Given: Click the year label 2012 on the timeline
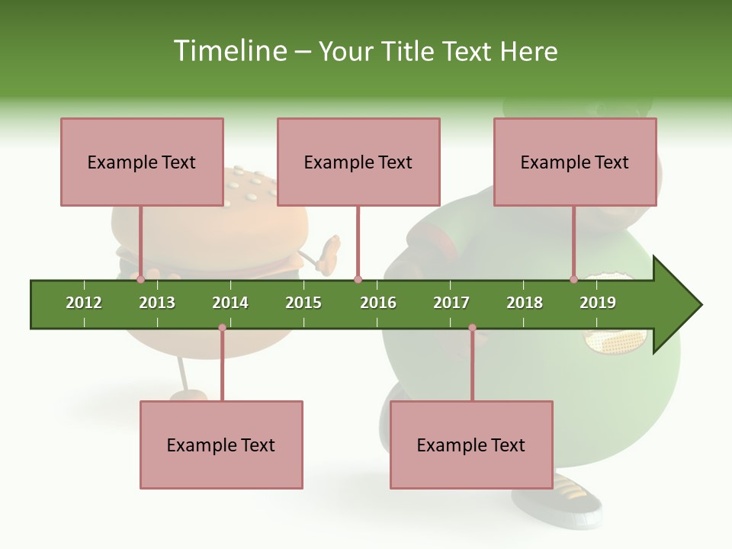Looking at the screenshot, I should coord(84,303).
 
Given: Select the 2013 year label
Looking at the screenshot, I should coord(157,303).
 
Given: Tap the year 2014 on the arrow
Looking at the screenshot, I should coord(230,303).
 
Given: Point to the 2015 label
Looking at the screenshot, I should coord(303,303).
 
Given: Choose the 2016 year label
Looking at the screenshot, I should coord(378,303).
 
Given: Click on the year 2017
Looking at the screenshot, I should coord(451,303).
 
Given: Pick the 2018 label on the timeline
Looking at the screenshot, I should coord(525,303).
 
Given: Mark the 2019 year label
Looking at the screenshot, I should coord(598,303).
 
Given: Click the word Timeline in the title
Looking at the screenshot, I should coord(228,51).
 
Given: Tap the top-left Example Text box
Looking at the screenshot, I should coord(142,162).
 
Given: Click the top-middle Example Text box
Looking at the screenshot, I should coord(358,162).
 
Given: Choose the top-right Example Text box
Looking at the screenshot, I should coord(575,162).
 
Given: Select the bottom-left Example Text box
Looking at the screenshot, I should coord(221,445).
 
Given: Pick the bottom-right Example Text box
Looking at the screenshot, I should coord(471,445).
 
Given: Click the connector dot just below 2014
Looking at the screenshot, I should coord(222,328).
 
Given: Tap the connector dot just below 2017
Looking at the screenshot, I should coord(472,328).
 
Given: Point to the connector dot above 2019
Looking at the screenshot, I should coord(573,280).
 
